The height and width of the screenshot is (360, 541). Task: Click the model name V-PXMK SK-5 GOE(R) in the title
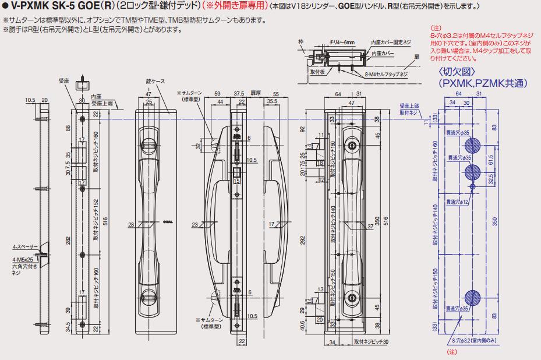(56, 6)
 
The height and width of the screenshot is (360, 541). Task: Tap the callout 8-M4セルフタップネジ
(386, 75)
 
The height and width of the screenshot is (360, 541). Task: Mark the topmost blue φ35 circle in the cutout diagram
(473, 146)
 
